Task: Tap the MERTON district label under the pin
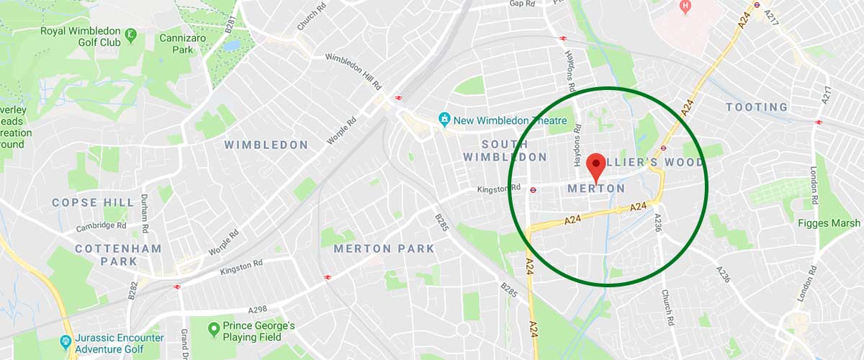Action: [596, 189]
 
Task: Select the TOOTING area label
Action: [756, 107]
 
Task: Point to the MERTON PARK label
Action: [384, 249]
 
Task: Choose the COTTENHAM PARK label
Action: [119, 255]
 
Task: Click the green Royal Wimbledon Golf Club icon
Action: [130, 33]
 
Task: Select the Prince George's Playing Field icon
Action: [213, 330]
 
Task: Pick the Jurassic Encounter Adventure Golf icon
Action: [66, 341]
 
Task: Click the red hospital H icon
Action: [685, 6]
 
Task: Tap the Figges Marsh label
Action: [829, 223]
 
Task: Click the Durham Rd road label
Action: [144, 212]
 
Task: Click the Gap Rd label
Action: [522, 4]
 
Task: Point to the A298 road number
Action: [258, 310]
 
